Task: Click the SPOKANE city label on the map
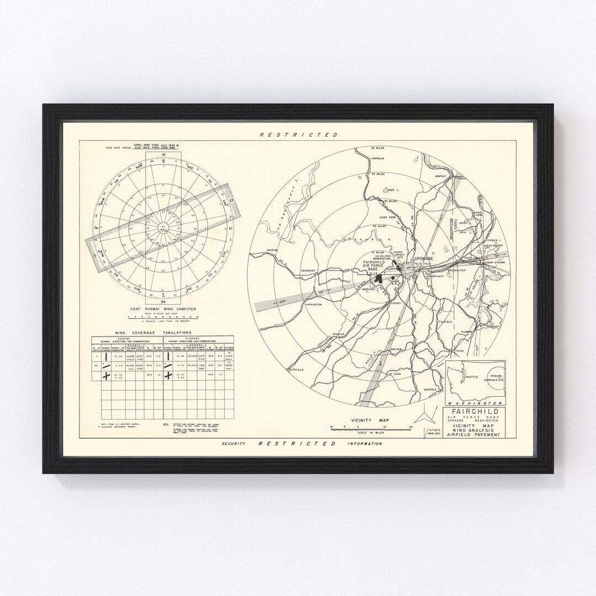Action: [424, 258]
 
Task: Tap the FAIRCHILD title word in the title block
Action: [474, 411]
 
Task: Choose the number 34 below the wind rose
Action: [163, 302]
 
